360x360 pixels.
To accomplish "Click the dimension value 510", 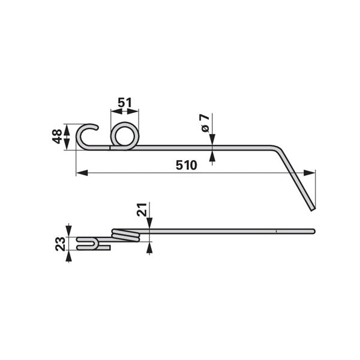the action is [186, 166].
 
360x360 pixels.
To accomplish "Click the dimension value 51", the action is [125, 103].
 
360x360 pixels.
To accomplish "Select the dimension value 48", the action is [58, 136].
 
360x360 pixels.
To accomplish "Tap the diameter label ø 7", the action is [205, 122].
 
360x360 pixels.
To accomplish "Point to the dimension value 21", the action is [142, 209].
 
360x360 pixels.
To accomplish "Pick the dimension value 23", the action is [61, 244].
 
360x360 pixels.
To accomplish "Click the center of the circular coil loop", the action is [125, 136].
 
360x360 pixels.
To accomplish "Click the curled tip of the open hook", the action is [97, 127].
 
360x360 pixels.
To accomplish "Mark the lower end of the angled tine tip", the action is [313, 209].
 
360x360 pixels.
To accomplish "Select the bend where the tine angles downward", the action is [277, 149].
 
